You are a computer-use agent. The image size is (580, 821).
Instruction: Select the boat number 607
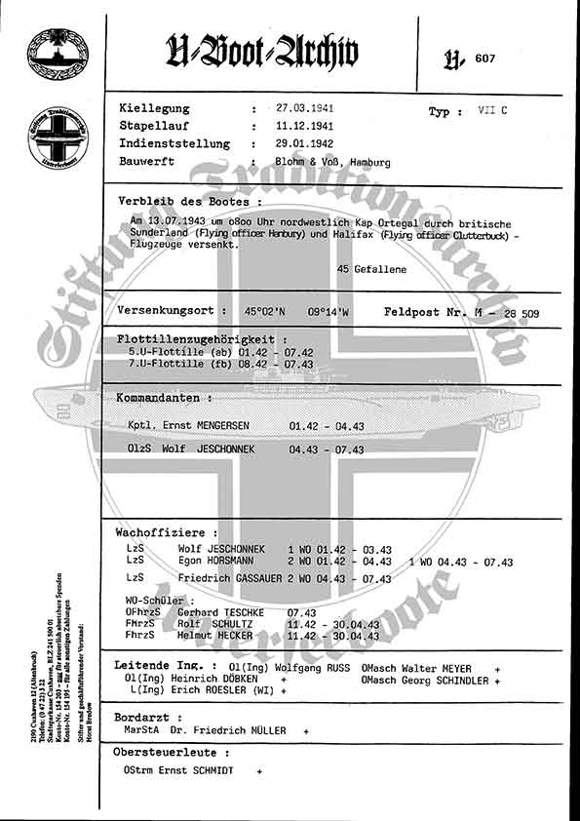484,59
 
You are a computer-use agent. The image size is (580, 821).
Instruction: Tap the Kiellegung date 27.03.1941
306,109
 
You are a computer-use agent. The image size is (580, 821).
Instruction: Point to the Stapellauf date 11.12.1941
306,127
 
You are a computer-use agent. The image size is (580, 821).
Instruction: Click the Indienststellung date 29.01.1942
306,144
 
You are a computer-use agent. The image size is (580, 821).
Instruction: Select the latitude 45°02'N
266,312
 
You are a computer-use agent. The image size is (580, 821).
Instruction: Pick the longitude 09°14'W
329,312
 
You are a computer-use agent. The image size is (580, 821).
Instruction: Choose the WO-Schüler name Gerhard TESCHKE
214,612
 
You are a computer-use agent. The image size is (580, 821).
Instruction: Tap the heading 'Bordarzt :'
143,716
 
